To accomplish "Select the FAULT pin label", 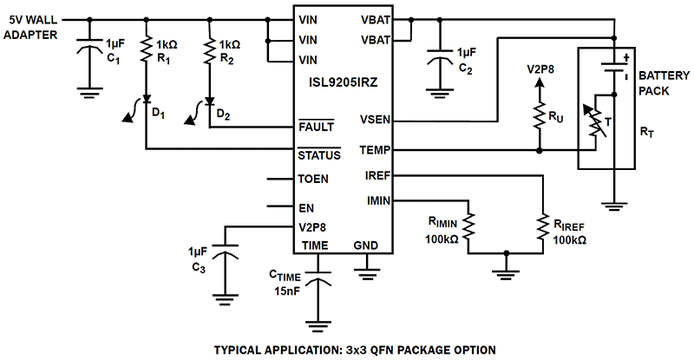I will point(316,128).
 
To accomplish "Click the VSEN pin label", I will point(376,121).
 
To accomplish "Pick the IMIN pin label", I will point(377,201).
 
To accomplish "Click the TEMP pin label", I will point(376,149).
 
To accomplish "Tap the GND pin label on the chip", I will point(366,245).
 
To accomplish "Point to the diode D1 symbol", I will point(147,101).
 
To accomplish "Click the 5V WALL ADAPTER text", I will point(33,27).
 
